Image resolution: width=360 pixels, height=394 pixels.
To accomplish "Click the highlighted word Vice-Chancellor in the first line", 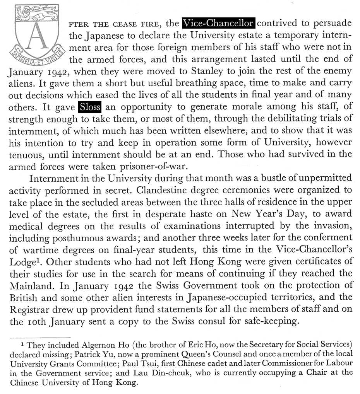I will (x=218, y=23).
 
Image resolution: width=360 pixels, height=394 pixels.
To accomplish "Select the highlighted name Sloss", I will (x=90, y=107).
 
